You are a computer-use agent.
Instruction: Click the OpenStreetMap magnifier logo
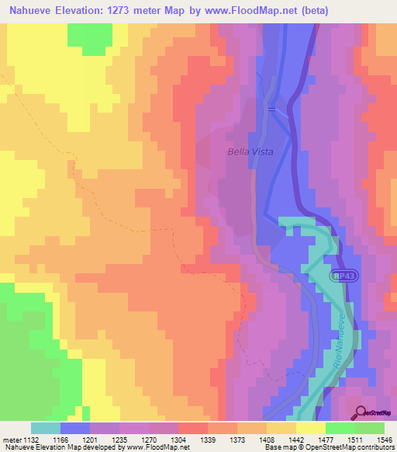coord(361,412)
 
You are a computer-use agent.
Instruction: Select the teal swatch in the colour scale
coord(46,428)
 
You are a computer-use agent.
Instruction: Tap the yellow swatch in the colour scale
coord(310,428)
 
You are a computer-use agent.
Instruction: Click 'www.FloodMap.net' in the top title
coord(254,11)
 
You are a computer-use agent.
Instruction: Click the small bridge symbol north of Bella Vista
coord(271,109)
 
